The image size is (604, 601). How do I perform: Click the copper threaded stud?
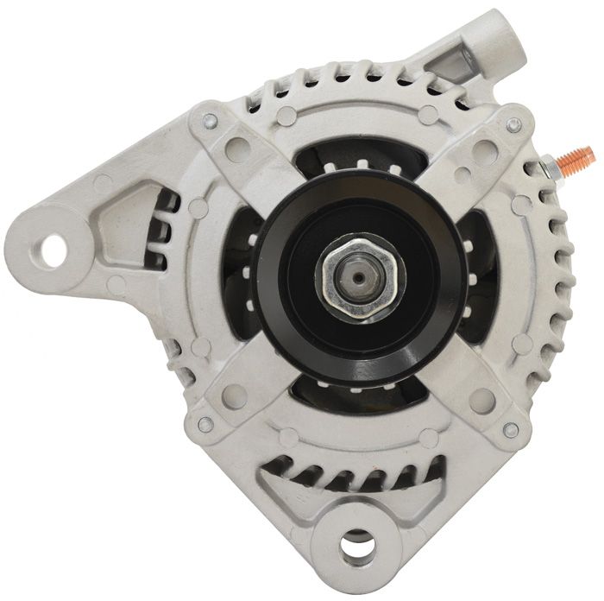[575, 157]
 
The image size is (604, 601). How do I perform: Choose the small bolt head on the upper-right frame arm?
[513, 126]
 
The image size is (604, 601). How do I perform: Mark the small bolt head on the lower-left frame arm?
[206, 425]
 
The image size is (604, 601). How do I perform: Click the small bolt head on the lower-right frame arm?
[509, 429]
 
